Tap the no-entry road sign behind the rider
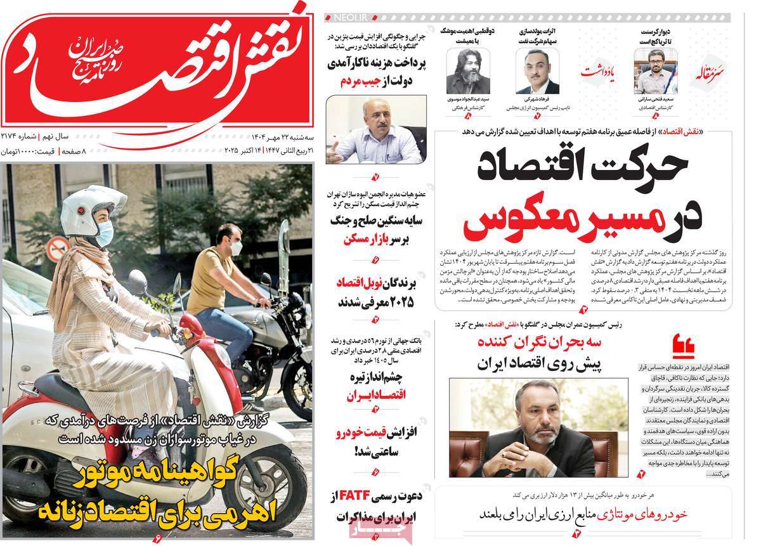(x=57, y=249)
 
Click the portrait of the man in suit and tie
(x=537, y=71)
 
